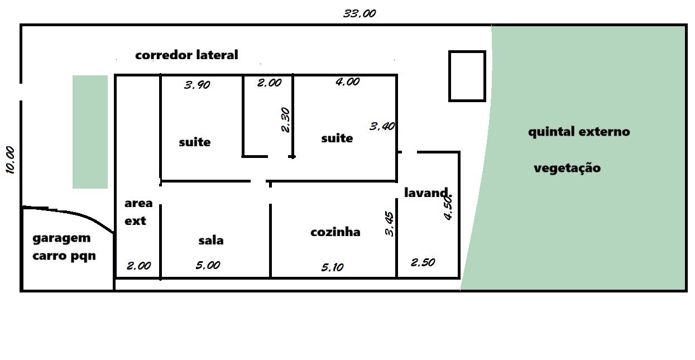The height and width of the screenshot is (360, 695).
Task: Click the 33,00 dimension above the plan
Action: tap(360, 13)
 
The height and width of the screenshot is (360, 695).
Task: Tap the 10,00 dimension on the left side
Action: tap(10, 160)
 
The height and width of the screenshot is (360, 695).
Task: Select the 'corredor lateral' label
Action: tap(186, 55)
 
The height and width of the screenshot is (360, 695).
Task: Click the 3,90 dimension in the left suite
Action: tap(197, 85)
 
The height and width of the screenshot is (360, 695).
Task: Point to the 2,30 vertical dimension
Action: tap(285, 120)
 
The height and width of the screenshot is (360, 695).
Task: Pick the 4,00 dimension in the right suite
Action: tap(347, 81)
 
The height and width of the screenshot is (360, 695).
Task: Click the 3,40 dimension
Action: tap(382, 126)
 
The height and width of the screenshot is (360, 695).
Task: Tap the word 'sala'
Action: tap(211, 241)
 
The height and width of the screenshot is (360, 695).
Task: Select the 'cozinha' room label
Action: tap(335, 232)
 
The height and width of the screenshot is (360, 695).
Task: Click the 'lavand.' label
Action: tap(428, 193)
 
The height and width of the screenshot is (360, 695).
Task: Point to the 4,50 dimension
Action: tap(448, 207)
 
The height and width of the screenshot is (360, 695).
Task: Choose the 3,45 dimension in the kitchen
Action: tap(389, 223)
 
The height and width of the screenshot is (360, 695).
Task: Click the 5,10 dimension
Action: tap(332, 267)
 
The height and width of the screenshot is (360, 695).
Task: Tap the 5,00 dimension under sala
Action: tap(208, 265)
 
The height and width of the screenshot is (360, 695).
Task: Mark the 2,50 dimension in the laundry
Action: tap(423, 262)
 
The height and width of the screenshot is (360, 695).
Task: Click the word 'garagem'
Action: tap(61, 238)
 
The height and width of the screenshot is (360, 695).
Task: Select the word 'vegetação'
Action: tap(567, 168)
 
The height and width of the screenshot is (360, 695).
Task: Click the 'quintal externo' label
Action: tap(579, 132)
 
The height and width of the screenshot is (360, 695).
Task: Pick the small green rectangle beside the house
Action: tap(90, 132)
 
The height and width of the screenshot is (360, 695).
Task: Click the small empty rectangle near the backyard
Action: tap(467, 52)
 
